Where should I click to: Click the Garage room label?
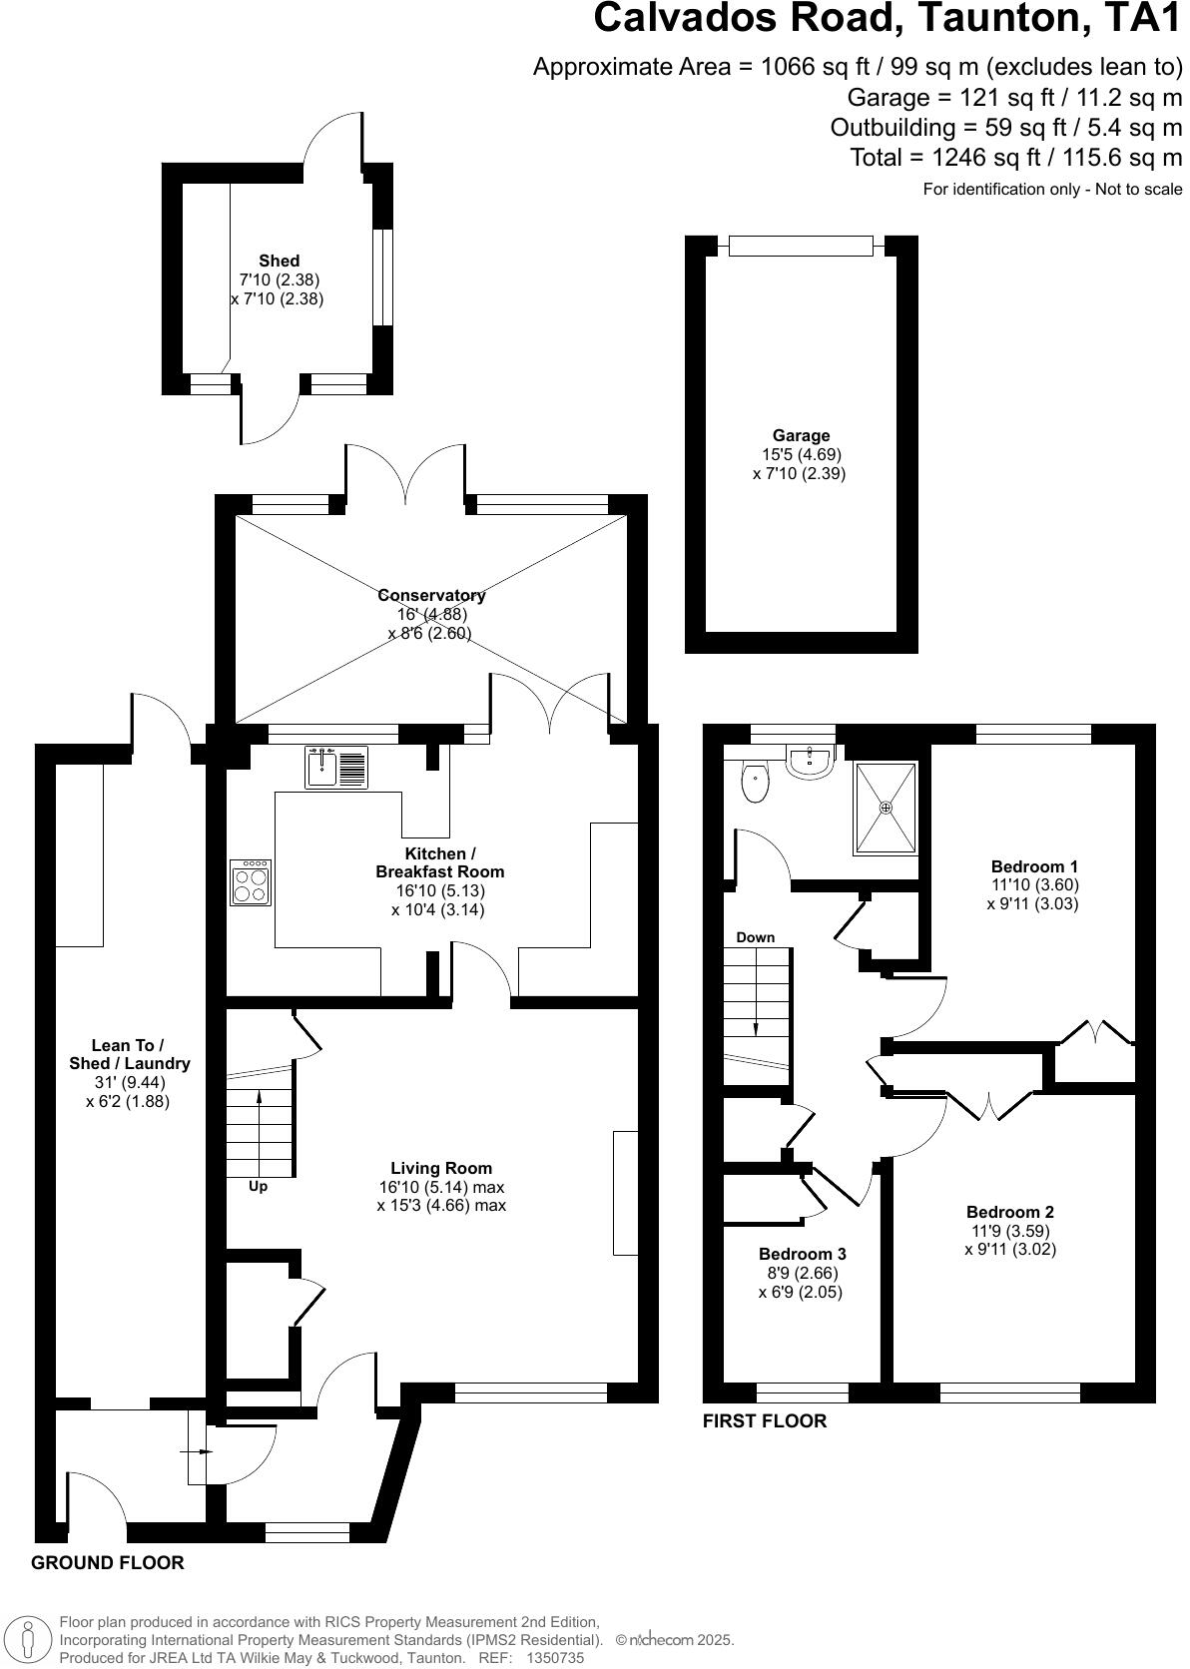click(801, 435)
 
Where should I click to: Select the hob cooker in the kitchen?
click(250, 882)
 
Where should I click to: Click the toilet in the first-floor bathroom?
click(756, 783)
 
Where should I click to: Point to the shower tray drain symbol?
click(885, 808)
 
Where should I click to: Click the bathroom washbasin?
click(811, 764)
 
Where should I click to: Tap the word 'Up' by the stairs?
click(258, 1187)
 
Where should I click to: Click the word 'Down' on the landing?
click(755, 937)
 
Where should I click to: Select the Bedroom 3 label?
click(802, 1254)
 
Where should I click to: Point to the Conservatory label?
click(431, 595)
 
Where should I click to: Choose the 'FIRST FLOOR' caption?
click(765, 1421)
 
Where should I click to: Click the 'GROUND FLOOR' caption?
click(108, 1563)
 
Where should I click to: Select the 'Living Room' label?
click(441, 1168)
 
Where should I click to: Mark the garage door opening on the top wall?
click(801, 246)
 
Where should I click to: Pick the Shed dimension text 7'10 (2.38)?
click(279, 279)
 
